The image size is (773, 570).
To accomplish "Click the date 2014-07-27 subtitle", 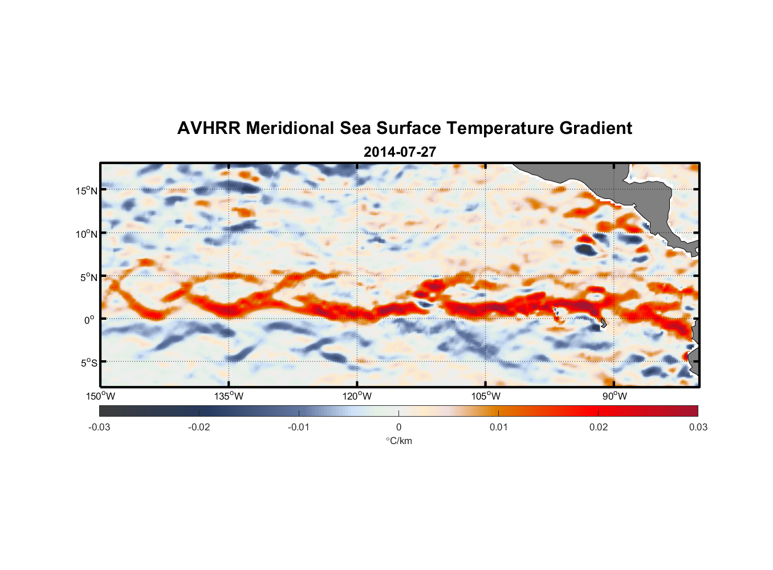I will click(x=400, y=152).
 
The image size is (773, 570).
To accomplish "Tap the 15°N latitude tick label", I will click(x=86, y=191).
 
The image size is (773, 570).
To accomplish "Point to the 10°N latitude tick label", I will click(x=86, y=234).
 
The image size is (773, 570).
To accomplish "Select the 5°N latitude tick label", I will click(x=88, y=278).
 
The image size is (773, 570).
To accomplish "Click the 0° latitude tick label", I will click(x=89, y=320).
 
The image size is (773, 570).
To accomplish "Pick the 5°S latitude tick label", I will click(x=88, y=363).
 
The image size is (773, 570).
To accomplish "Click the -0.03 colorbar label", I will click(x=99, y=427).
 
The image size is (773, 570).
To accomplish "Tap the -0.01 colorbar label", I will click(x=299, y=427).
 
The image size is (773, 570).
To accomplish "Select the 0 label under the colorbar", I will click(x=398, y=427).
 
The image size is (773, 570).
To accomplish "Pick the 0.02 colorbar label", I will click(x=599, y=427).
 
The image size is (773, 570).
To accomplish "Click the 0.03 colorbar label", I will click(x=698, y=427).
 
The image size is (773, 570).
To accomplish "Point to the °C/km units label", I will click(x=398, y=441).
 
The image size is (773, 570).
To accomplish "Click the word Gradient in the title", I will click(x=596, y=128).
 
